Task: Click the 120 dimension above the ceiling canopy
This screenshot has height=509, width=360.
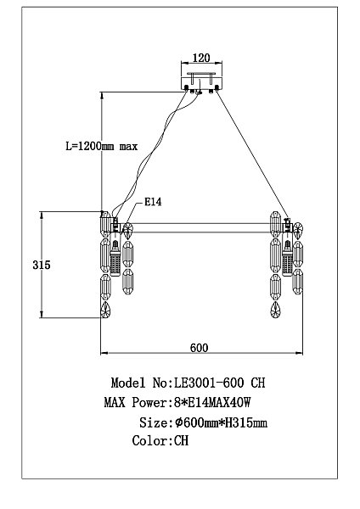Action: [201, 58]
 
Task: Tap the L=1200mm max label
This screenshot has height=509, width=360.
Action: [102, 146]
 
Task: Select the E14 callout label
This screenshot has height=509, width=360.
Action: [153, 202]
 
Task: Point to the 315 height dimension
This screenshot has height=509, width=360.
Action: [42, 265]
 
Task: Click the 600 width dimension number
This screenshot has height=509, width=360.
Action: [199, 348]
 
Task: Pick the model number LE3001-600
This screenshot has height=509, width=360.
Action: [209, 383]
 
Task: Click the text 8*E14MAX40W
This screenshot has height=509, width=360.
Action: [212, 402]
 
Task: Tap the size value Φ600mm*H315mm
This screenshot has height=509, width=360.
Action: [221, 422]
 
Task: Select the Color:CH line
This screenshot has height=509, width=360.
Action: [160, 441]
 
